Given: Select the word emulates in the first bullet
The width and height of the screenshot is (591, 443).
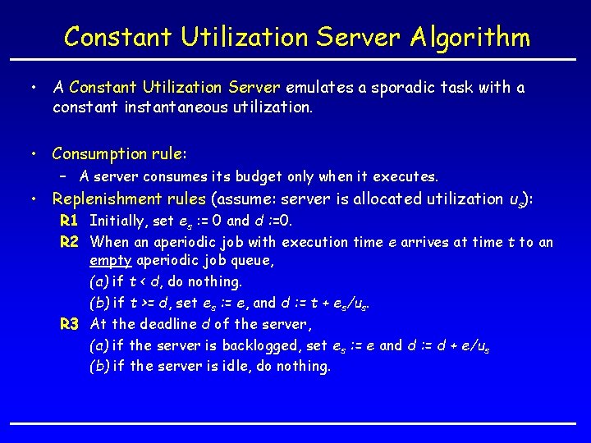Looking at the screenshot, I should click(316, 87).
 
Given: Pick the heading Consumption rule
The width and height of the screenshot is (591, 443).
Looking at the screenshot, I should click(119, 153).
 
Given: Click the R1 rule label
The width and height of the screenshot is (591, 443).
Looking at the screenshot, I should click(69, 220).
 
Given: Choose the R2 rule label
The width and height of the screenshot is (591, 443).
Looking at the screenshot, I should click(69, 241).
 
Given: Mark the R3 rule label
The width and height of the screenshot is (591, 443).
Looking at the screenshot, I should click(69, 324).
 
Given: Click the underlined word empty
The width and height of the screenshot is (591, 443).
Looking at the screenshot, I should click(111, 262).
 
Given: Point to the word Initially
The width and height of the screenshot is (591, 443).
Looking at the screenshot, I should click(118, 220).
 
